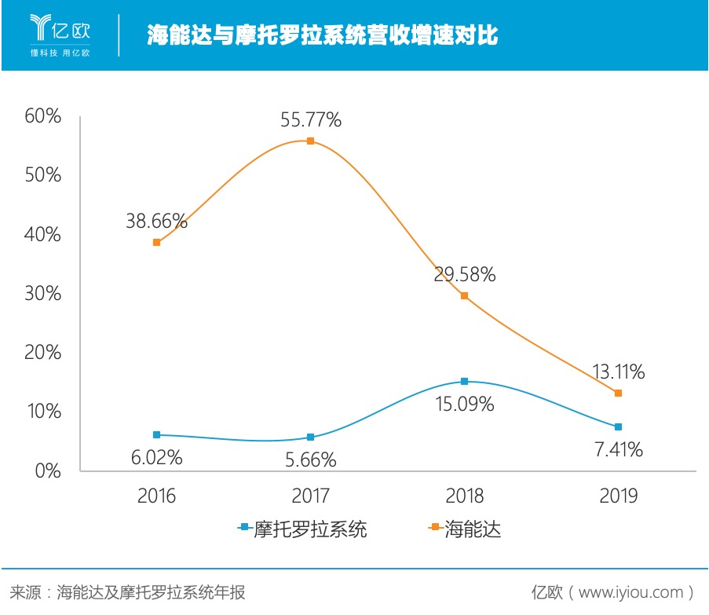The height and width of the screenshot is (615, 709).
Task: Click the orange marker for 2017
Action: (x=310, y=141)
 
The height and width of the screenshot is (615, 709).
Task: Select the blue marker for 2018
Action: (x=464, y=382)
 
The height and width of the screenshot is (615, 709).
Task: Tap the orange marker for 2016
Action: (x=157, y=243)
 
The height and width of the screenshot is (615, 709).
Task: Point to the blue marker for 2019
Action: (x=618, y=427)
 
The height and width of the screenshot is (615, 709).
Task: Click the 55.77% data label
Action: (x=311, y=120)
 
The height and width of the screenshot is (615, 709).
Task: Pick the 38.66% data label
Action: (x=157, y=221)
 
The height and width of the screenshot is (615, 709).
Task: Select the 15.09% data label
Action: (x=464, y=405)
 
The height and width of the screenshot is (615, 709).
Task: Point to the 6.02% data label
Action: (x=156, y=457)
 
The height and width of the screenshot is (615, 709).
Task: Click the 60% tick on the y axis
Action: (x=43, y=116)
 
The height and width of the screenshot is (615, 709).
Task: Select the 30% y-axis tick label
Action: (x=43, y=294)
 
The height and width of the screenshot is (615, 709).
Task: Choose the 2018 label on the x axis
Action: (x=464, y=496)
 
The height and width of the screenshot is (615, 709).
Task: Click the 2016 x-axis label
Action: (x=157, y=496)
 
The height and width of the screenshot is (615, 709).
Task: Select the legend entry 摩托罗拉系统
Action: (x=302, y=529)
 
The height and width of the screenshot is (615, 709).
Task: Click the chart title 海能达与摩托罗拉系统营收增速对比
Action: (x=322, y=35)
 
